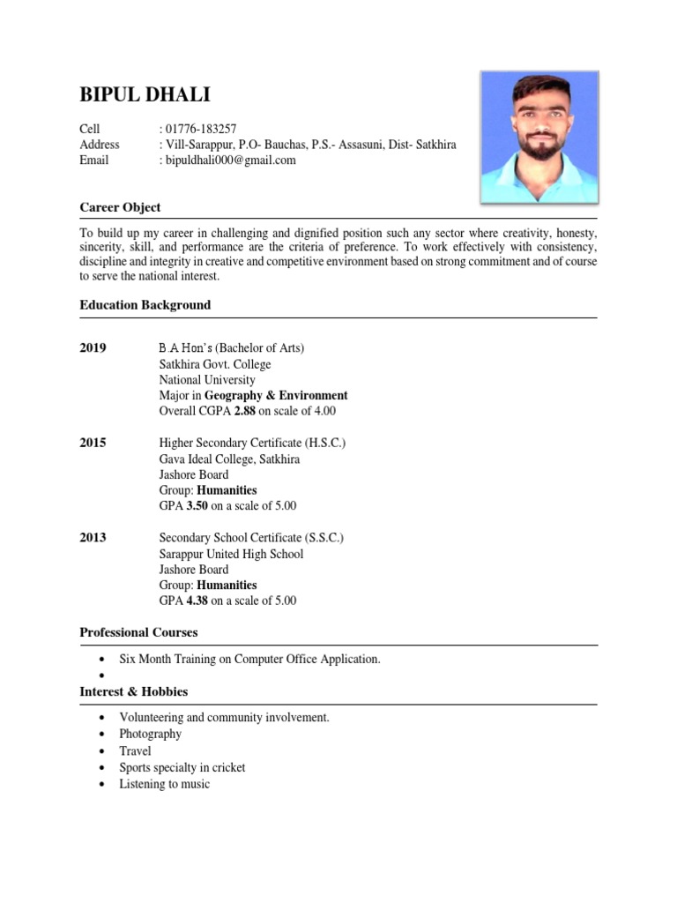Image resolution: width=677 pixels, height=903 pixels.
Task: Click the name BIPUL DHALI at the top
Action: point(145,94)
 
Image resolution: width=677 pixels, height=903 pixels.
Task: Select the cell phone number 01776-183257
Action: point(200,129)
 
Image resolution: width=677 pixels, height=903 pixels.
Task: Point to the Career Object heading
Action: point(120,207)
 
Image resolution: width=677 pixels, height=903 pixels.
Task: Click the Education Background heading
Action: point(145,305)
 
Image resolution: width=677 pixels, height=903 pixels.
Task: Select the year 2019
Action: point(93,348)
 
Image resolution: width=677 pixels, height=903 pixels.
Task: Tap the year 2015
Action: point(93,443)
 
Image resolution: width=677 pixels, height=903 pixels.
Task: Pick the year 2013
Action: point(93,538)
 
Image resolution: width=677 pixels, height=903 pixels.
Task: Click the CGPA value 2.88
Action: point(244,412)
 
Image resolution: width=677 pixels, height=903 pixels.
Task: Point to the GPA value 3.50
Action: point(197,506)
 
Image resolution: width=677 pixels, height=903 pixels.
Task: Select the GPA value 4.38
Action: point(197,601)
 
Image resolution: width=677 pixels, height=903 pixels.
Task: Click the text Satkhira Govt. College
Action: point(214,364)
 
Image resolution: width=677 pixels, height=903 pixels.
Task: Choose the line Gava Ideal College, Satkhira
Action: point(229,459)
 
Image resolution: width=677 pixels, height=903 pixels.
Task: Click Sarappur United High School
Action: point(231,554)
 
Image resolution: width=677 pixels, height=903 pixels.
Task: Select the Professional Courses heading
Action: point(138,633)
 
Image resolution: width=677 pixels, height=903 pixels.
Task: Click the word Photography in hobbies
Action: point(150,735)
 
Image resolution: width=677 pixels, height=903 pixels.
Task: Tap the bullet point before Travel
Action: point(104,751)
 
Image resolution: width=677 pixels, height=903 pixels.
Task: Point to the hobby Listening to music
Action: point(164,784)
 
